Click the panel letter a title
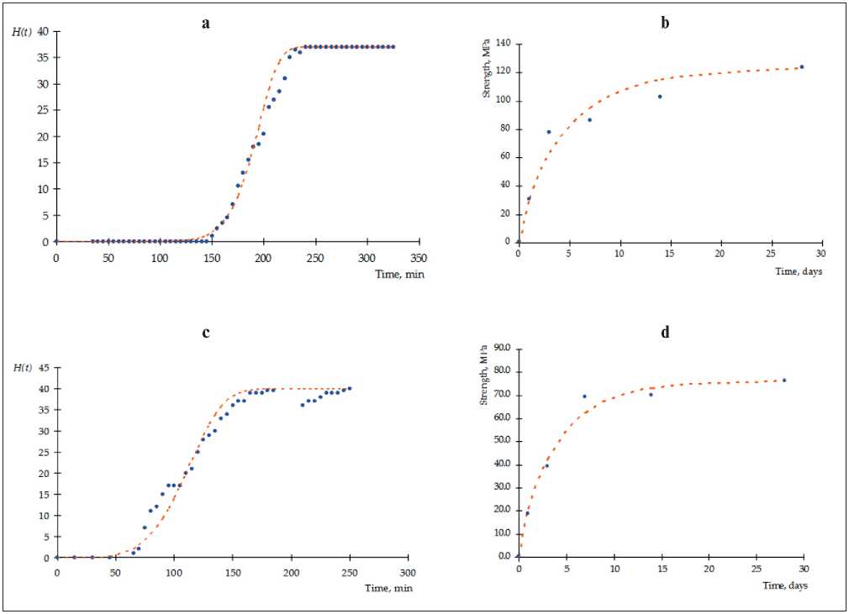point(206,24)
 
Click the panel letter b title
point(665,24)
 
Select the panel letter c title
point(206,333)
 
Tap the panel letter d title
point(665,333)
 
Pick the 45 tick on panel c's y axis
point(44,368)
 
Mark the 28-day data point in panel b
point(802,66)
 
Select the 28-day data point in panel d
point(784,380)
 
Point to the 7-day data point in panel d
point(584,396)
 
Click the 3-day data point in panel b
point(549,132)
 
